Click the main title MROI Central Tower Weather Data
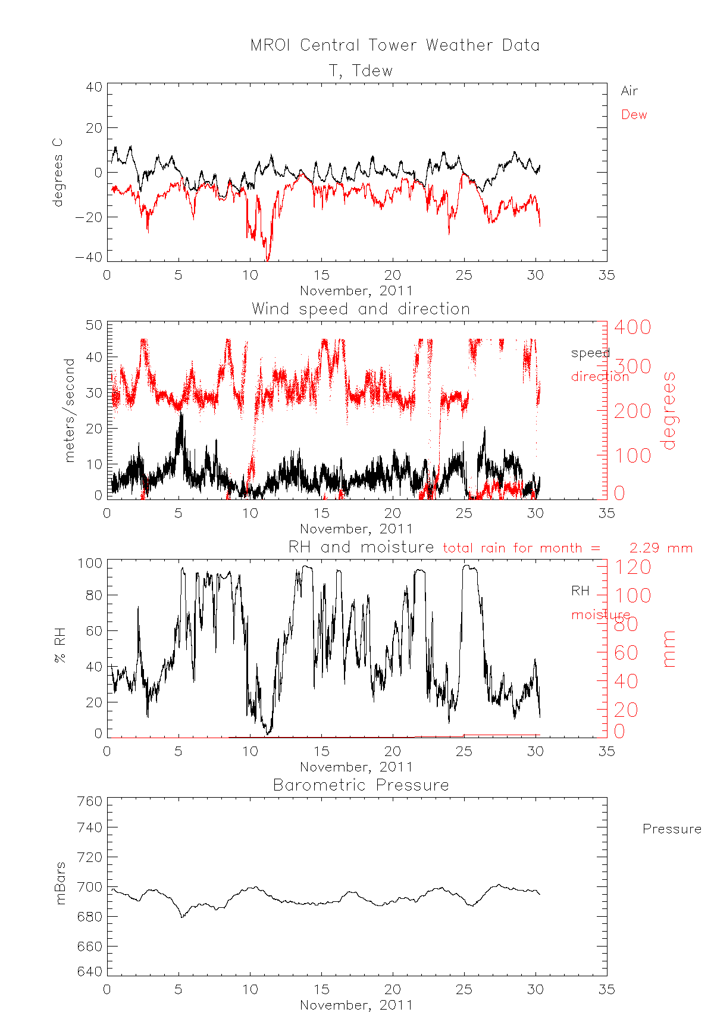click(x=394, y=45)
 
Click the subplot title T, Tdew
click(x=361, y=71)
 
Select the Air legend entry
click(x=629, y=91)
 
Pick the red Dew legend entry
click(x=634, y=115)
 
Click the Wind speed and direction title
click(x=361, y=309)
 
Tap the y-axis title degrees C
click(x=57, y=173)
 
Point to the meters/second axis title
click(x=70, y=410)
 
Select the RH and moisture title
click(x=361, y=547)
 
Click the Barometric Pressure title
click(x=361, y=785)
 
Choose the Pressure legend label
click(x=671, y=829)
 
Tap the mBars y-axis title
click(x=60, y=883)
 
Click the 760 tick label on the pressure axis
click(x=90, y=802)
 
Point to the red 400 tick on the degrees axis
click(x=632, y=327)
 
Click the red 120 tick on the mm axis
click(x=632, y=567)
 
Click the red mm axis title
click(x=669, y=649)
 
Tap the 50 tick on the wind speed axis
click(x=95, y=326)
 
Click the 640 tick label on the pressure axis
click(x=90, y=972)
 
